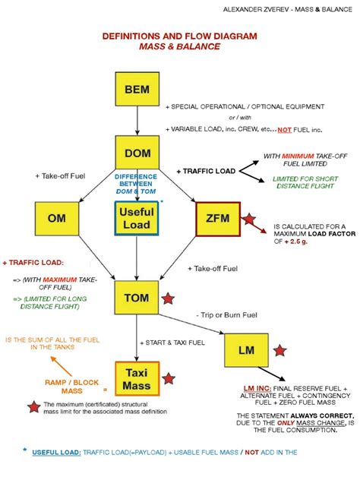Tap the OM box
pos(56,219)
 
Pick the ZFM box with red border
pos(217,219)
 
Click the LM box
pos(245,351)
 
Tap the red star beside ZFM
pos(250,222)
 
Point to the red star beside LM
pos(279,351)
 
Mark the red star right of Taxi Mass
pos(169,378)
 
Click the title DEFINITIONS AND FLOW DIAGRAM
pos(179,36)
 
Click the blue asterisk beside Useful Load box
pos(162,204)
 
